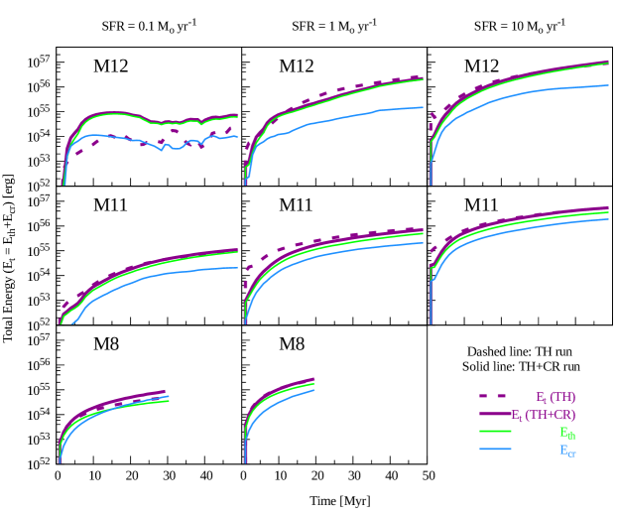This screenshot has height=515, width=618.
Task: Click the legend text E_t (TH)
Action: pyautogui.click(x=556, y=397)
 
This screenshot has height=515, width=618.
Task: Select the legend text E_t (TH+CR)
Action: pyautogui.click(x=544, y=415)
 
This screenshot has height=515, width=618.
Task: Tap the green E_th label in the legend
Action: pyautogui.click(x=567, y=433)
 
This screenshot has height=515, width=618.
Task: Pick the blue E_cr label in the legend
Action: pyautogui.click(x=567, y=451)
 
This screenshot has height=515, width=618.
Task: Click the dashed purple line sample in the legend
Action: pyautogui.click(x=495, y=397)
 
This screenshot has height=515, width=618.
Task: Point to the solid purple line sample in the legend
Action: pyautogui.click(x=495, y=415)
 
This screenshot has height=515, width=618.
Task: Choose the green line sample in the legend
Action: pyautogui.click(x=495, y=432)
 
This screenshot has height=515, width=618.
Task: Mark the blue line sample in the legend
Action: pyautogui.click(x=495, y=450)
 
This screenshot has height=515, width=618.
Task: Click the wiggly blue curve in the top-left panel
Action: pyautogui.click(x=119, y=138)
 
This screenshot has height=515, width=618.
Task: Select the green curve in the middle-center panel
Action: pyautogui.click(x=337, y=247)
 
